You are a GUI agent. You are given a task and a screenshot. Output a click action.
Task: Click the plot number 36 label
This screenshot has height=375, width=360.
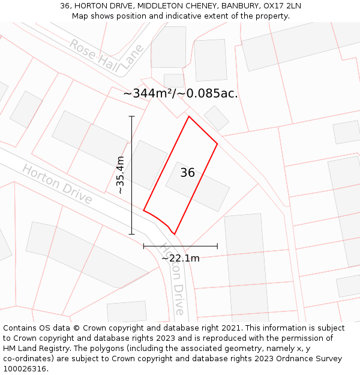click(x=188, y=173)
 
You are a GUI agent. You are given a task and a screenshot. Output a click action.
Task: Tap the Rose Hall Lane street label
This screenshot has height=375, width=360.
click(x=106, y=57)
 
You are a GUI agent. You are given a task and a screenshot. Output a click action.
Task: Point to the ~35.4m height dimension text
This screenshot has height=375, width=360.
click(x=120, y=175)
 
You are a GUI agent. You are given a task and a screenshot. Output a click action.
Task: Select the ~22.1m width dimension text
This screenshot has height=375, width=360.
click(x=180, y=258)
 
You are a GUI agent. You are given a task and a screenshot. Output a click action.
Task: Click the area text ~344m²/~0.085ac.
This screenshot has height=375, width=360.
click(x=181, y=94)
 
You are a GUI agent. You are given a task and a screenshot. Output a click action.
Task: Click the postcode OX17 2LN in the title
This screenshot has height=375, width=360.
click(x=282, y=6)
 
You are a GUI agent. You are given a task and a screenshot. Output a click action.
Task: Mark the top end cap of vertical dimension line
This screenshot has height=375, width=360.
click(x=132, y=116)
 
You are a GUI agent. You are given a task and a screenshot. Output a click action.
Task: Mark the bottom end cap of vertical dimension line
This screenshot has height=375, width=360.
click(x=132, y=234)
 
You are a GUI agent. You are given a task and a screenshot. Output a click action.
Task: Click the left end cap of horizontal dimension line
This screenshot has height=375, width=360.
click(x=143, y=246)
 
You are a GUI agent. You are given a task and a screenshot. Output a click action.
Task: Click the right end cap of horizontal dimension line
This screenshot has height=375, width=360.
click(x=217, y=246)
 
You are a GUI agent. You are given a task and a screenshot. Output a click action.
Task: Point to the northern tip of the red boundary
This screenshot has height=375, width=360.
click(x=189, y=116)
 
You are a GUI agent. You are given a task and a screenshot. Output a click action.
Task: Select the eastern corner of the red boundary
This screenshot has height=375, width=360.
click(x=217, y=143)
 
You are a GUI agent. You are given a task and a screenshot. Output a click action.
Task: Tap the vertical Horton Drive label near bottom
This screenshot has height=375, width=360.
click(x=175, y=279)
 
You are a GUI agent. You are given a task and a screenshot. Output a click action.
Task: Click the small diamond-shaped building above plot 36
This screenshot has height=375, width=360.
click(x=216, y=118)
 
